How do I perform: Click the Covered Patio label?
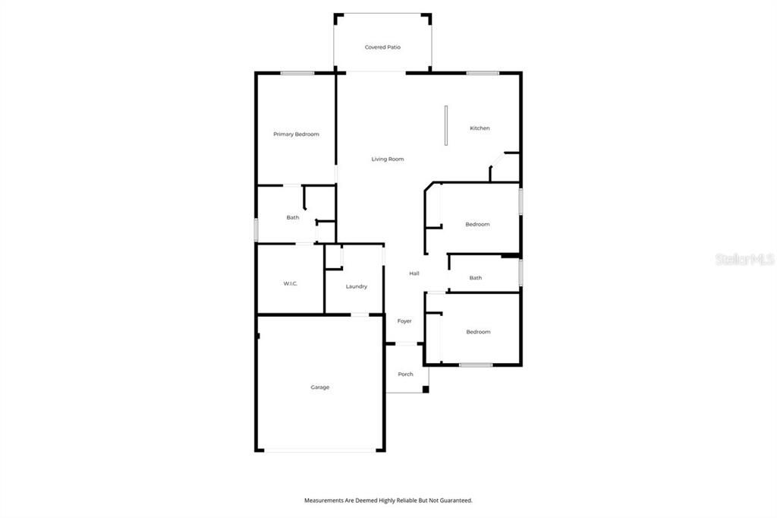coord(382,47)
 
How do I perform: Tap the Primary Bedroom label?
coord(296,134)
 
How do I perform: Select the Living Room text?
coord(387,160)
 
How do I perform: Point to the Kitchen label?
coord(480,128)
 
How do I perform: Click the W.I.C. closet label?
coord(290,284)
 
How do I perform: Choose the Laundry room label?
coord(357,286)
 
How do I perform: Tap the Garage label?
coord(319,387)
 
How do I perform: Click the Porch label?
coord(405,374)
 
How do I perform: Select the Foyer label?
coord(404,321)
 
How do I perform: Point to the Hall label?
coord(414,273)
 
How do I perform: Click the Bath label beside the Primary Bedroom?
coord(292,218)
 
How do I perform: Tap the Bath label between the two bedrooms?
coord(475,278)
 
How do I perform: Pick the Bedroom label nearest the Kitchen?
coord(477,225)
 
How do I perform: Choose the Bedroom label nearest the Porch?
coord(478,332)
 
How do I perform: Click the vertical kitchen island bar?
coord(446,125)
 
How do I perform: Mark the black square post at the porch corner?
coord(426,390)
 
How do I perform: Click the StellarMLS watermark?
coord(744,260)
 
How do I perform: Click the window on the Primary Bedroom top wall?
coord(297,73)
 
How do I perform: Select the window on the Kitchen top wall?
coord(483,73)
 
